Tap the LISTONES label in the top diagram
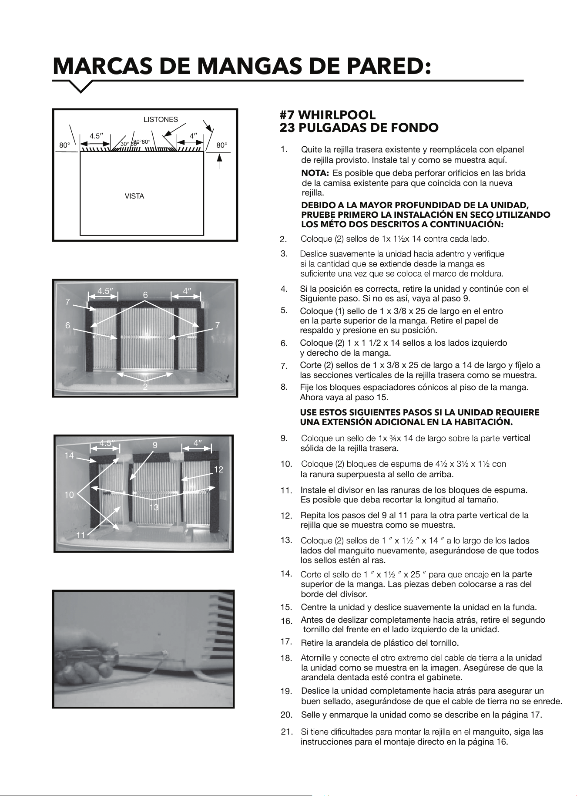point(161,119)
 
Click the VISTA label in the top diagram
point(134,196)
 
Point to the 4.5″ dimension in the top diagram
point(96,136)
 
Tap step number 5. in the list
point(284,310)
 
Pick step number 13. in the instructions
point(286,540)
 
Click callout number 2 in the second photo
point(145,386)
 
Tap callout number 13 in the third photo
point(154,507)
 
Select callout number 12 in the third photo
point(218,469)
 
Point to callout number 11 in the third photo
point(81,536)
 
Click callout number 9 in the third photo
point(154,445)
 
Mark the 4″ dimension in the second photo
point(187,290)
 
